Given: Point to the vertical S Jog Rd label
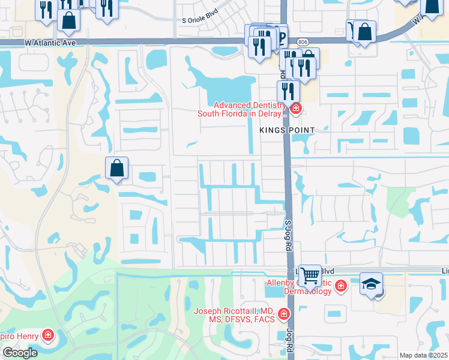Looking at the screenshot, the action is click(x=288, y=231).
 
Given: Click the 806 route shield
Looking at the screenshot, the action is click(x=302, y=41).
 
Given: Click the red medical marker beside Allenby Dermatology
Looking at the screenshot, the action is click(x=341, y=286).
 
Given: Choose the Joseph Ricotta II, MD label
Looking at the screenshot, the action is click(x=234, y=315).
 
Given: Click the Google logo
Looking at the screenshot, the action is click(x=20, y=352).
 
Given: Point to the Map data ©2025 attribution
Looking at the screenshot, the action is click(x=423, y=355).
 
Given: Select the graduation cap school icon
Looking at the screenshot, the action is click(x=370, y=283).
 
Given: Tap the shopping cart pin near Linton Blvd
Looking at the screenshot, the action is click(x=310, y=276).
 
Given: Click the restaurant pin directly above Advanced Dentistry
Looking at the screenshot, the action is click(x=288, y=91).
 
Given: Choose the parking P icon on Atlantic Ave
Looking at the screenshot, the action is click(x=280, y=36).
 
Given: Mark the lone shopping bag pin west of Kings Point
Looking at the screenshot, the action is click(x=117, y=169).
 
